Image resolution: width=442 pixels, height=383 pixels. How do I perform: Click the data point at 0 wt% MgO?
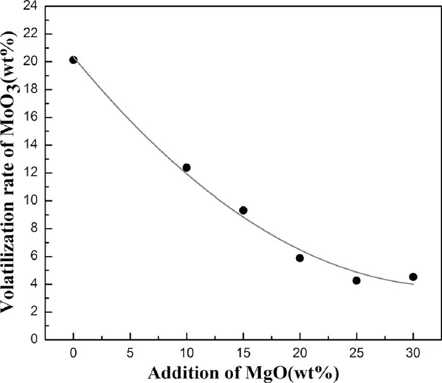pos(73,59)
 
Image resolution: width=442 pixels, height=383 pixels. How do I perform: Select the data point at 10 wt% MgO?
pos(186,167)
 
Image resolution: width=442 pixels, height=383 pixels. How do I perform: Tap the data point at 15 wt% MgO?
pos(243,210)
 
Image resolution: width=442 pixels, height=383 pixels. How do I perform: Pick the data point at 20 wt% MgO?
pos(300,258)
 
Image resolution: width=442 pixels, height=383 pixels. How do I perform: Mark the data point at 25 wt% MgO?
pos(356,281)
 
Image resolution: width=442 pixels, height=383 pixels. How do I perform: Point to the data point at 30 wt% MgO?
pos(413,277)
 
